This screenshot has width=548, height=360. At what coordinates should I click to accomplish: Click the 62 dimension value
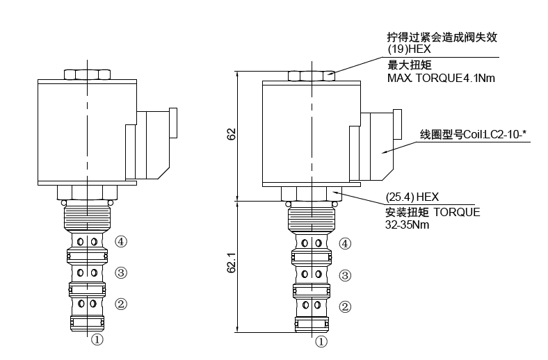[x=232, y=134]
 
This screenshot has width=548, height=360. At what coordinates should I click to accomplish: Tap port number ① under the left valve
[x=98, y=340]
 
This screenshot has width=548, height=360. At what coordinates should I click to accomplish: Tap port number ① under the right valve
[x=321, y=341]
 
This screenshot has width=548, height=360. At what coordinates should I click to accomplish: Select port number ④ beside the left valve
[x=121, y=242]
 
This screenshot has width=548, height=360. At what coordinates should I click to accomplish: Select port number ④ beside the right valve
[x=344, y=243]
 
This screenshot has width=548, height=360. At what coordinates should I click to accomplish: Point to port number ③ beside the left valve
[x=121, y=272]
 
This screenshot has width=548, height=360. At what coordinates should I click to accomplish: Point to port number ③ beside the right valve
[x=344, y=275]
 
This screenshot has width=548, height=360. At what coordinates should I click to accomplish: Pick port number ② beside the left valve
[x=121, y=303]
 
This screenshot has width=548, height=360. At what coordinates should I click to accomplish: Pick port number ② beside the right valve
[x=344, y=306]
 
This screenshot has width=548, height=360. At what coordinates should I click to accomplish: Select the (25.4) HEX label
[x=412, y=197]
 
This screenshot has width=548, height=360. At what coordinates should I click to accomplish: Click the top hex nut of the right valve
[x=310, y=76]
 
